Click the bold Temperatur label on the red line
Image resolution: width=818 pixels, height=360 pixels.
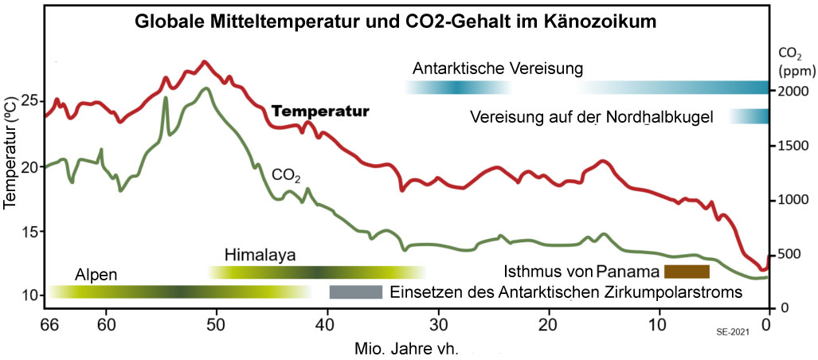(320, 112)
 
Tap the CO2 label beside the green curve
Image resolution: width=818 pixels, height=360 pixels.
(286, 174)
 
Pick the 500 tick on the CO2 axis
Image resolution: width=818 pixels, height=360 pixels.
(786, 254)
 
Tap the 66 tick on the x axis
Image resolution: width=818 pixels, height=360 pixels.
(49, 325)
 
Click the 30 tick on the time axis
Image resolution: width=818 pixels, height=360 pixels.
(437, 325)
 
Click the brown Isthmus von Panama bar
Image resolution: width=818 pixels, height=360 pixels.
(687, 271)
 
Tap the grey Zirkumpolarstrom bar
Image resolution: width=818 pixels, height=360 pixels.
(356, 292)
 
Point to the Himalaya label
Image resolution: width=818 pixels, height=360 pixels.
(260, 256)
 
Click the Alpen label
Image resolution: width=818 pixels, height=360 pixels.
(96, 275)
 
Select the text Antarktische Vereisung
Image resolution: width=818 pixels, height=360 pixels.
(498, 68)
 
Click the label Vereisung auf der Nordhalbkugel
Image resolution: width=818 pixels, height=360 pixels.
(589, 117)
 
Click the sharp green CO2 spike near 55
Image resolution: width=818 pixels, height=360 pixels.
(166, 99)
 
